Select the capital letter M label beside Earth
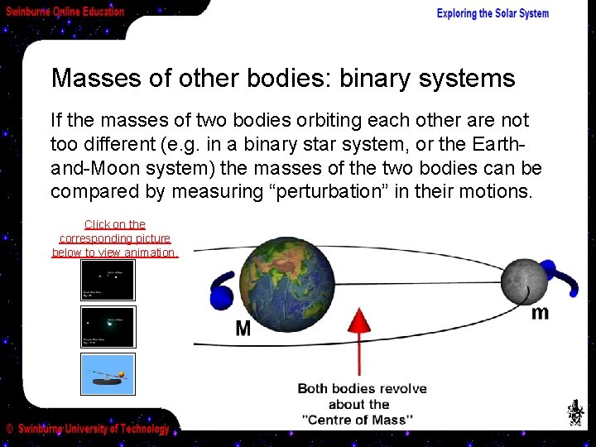(x=243, y=329)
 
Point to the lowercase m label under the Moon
(x=540, y=312)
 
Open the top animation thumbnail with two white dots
(x=108, y=281)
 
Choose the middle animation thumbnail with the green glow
(x=108, y=327)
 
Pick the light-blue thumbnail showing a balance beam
(x=108, y=373)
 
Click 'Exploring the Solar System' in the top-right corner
(x=493, y=13)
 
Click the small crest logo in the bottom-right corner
(x=574, y=412)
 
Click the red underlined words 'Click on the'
(x=114, y=224)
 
